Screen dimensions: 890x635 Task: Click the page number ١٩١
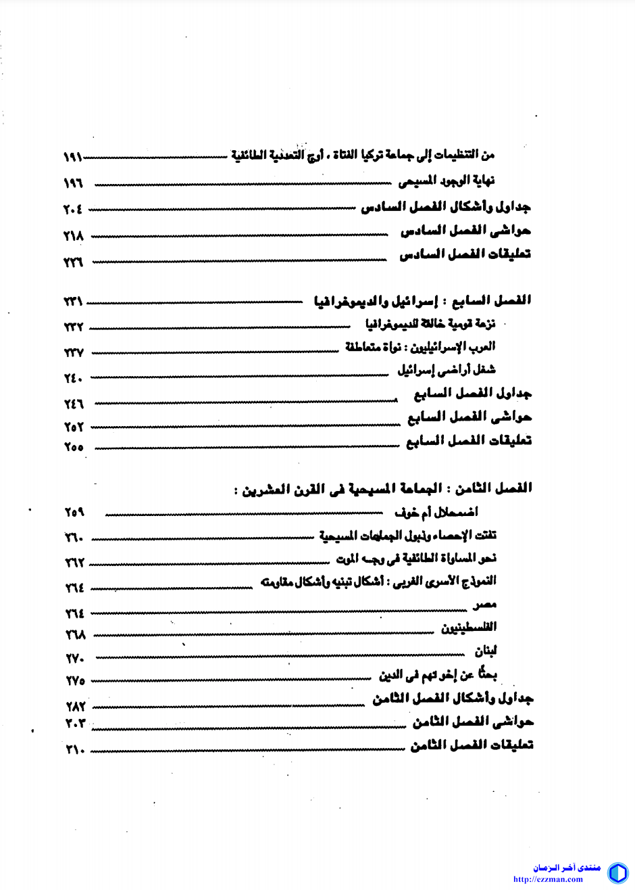pyautogui.click(x=72, y=157)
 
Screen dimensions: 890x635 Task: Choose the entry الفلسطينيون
pyautogui.click(x=469, y=628)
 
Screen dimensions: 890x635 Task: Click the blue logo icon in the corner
pyautogui.click(x=617, y=873)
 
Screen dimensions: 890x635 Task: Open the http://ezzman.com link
pyautogui.click(x=547, y=880)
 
